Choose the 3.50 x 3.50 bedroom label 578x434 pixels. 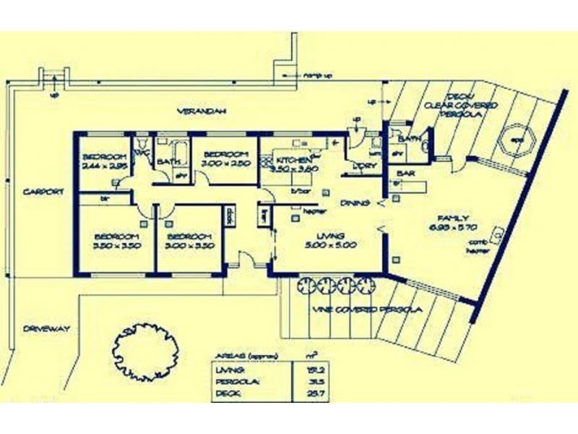pos(116,241)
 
